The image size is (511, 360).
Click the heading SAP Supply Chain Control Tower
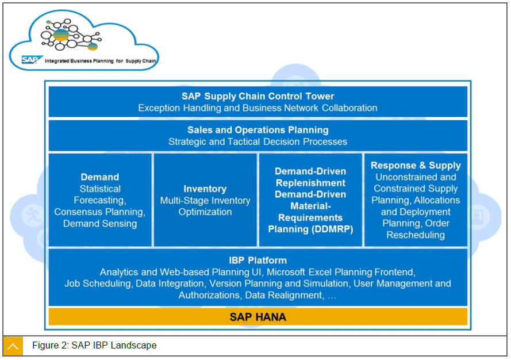[258, 96]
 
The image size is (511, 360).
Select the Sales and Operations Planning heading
[258, 130]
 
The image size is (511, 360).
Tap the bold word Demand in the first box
[99, 177]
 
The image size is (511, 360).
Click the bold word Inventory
[205, 189]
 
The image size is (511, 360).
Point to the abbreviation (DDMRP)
[333, 229]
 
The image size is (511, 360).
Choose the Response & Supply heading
[416, 166]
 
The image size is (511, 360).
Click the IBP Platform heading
[258, 261]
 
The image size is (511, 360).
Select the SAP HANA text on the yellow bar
[258, 317]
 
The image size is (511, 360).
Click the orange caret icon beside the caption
[13, 346]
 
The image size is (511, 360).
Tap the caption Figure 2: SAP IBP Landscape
[94, 346]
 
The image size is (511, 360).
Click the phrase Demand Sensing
[99, 223]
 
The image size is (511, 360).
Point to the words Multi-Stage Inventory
[205, 200]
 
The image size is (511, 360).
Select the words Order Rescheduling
[416, 229]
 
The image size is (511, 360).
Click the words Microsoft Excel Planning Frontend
[341, 272]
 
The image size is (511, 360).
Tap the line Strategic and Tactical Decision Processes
[258, 141]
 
